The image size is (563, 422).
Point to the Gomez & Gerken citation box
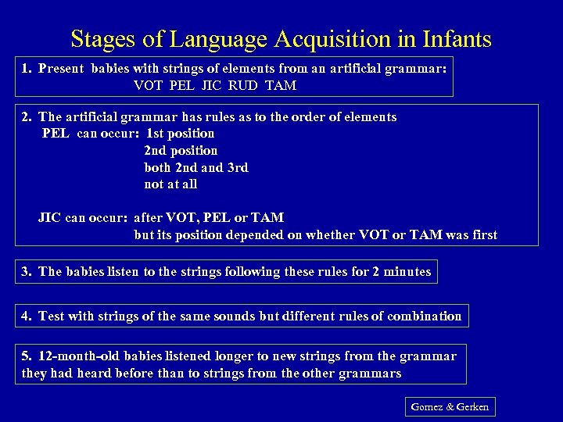(450, 407)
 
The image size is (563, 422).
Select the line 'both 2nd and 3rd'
(196, 167)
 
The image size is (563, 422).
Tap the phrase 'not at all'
(170, 184)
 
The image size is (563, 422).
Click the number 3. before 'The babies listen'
(27, 272)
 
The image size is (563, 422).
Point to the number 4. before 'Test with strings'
(27, 316)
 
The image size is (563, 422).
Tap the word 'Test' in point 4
(51, 316)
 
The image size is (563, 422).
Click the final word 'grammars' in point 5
(371, 374)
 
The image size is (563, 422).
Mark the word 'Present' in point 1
(62, 69)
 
